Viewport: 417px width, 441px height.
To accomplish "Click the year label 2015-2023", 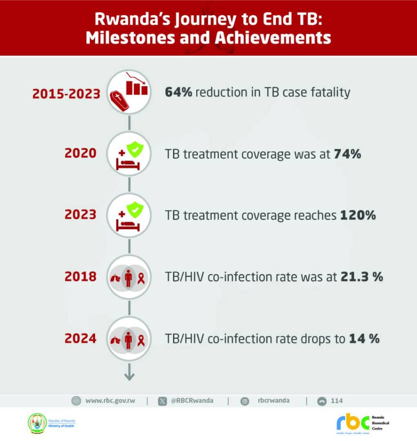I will (66, 94).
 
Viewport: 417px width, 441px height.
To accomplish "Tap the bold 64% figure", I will (178, 92).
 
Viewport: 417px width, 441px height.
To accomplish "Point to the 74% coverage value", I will (347, 154).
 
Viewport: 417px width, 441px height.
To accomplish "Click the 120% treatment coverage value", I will (358, 215).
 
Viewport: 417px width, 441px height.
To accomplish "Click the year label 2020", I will (80, 153).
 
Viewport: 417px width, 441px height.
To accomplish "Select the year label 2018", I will (80, 277).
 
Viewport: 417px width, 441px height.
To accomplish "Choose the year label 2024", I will (80, 339).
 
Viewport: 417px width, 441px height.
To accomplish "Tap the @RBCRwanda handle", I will (192, 401).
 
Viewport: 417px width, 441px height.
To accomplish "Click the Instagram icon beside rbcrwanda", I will (245, 401).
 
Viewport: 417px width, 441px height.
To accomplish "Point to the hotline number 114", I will (337, 401).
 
